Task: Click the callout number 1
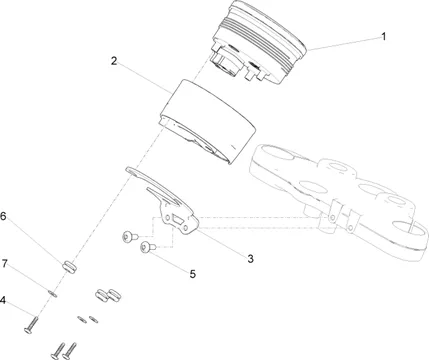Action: click(384, 36)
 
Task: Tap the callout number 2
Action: click(114, 61)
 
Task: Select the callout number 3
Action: click(250, 259)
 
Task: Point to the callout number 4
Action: click(3, 300)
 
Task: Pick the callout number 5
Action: click(193, 274)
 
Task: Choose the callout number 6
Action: click(3, 216)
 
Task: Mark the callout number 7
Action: click(4, 264)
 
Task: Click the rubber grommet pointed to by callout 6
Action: click(69, 267)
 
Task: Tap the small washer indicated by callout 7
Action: click(53, 294)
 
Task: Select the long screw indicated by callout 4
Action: click(31, 325)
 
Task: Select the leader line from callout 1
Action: click(344, 44)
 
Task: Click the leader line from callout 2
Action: click(145, 78)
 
